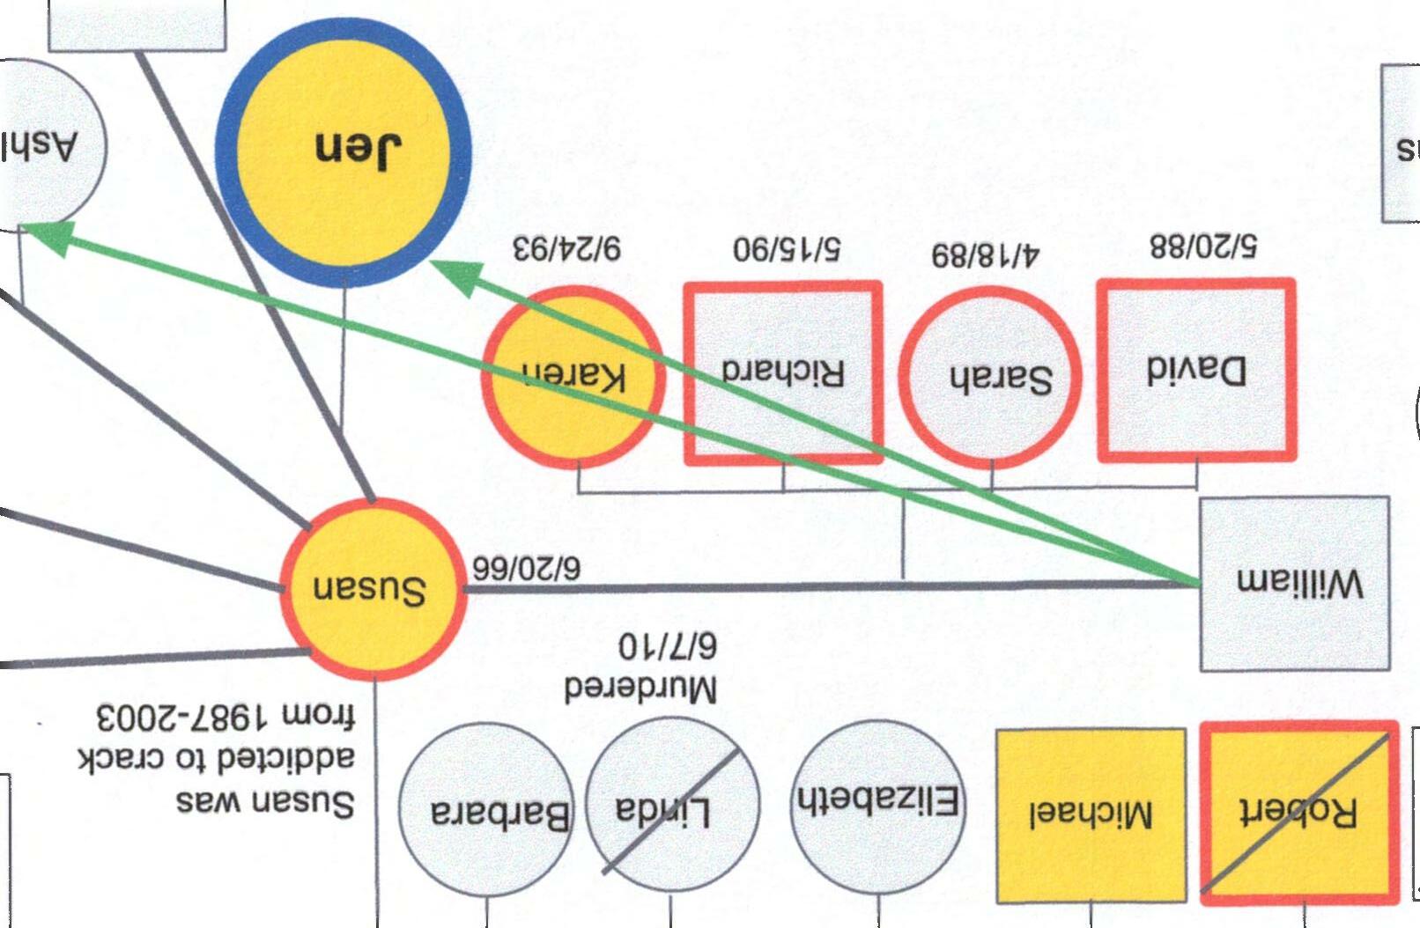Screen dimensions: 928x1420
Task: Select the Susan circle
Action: pos(373,589)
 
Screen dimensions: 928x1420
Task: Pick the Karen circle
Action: pos(573,377)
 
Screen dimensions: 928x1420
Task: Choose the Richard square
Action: pos(783,372)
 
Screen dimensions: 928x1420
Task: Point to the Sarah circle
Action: pos(990,378)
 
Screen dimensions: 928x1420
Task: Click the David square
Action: pos(1196,370)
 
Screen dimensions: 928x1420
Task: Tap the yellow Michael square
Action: pos(1091,814)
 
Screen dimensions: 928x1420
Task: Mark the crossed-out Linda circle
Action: pos(671,808)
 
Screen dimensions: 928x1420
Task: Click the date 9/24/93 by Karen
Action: pos(566,247)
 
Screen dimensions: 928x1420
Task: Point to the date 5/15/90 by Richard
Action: pos(787,248)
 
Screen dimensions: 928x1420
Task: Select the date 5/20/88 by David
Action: pos(1202,246)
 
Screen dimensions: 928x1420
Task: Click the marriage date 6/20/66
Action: pos(525,568)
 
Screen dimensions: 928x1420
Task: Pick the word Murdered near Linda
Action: pos(640,688)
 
